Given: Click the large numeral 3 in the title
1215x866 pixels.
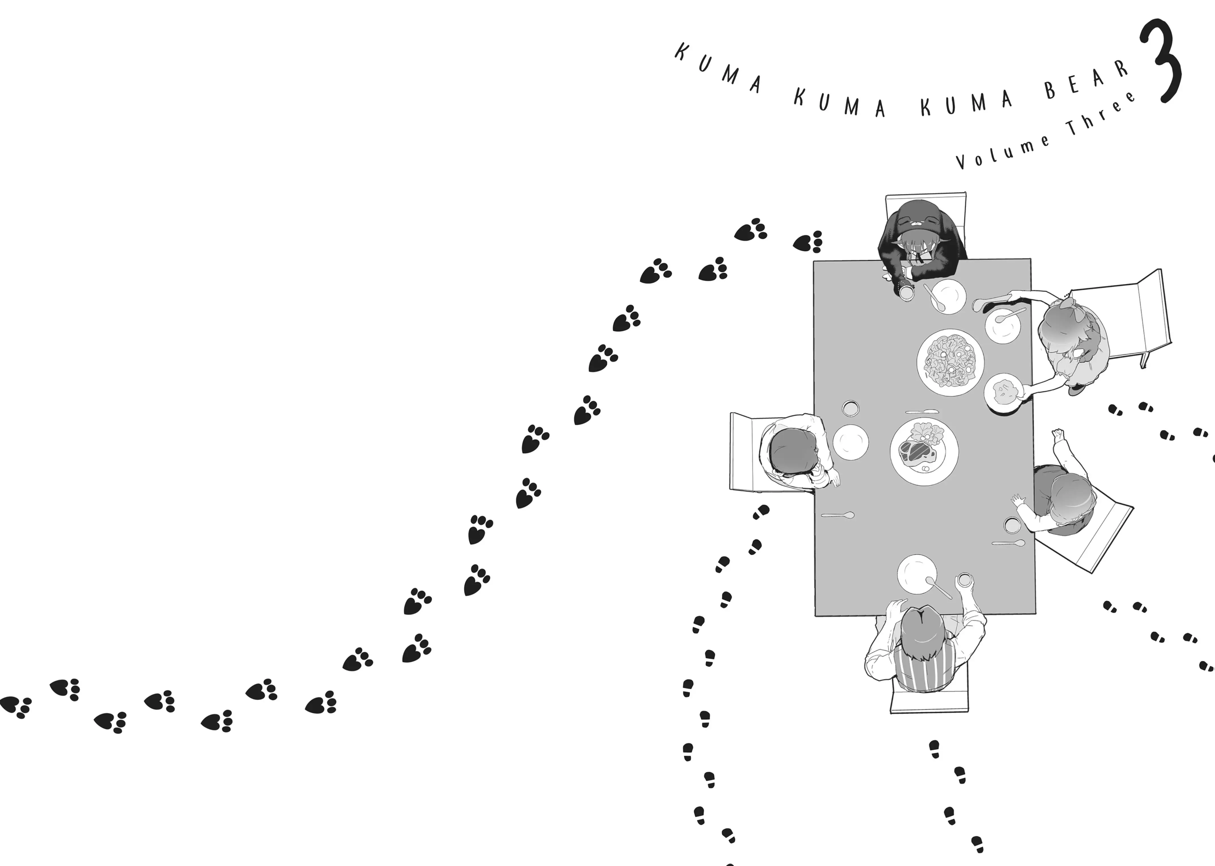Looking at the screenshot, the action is pyautogui.click(x=1161, y=63).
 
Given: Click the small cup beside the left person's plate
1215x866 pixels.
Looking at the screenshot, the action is pyautogui.click(x=850, y=408).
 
